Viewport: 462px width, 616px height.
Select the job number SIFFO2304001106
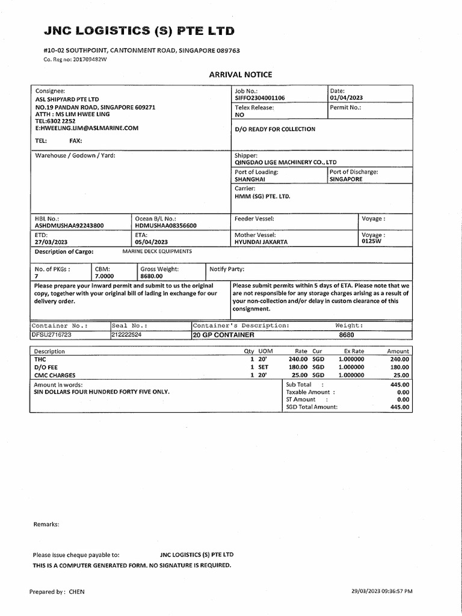coord(260,97)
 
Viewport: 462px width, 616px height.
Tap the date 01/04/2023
coord(346,97)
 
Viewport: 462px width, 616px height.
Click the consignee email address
coord(87,128)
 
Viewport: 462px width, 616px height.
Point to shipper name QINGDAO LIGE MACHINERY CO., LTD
coord(286,162)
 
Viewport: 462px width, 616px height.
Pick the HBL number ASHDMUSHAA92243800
coord(69,225)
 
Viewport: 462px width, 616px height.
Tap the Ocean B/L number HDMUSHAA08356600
coord(166,225)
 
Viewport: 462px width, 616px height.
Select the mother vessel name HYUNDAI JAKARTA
coord(261,241)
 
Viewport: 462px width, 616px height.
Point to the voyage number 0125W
coord(372,241)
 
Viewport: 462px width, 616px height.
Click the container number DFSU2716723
coord(52,334)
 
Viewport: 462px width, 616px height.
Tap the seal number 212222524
coord(126,334)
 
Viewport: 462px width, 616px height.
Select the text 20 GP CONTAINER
coord(223,334)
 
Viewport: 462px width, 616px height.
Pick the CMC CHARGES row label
coord(55,375)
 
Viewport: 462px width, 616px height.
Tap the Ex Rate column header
coord(354,351)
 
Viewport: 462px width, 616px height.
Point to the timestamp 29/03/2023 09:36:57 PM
coord(382,591)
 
